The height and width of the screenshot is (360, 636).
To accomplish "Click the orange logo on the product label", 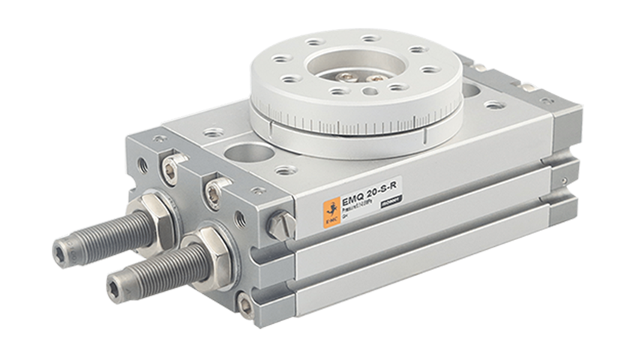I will point(328,214).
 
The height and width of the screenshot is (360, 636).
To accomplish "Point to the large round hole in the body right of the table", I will point(472,92).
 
